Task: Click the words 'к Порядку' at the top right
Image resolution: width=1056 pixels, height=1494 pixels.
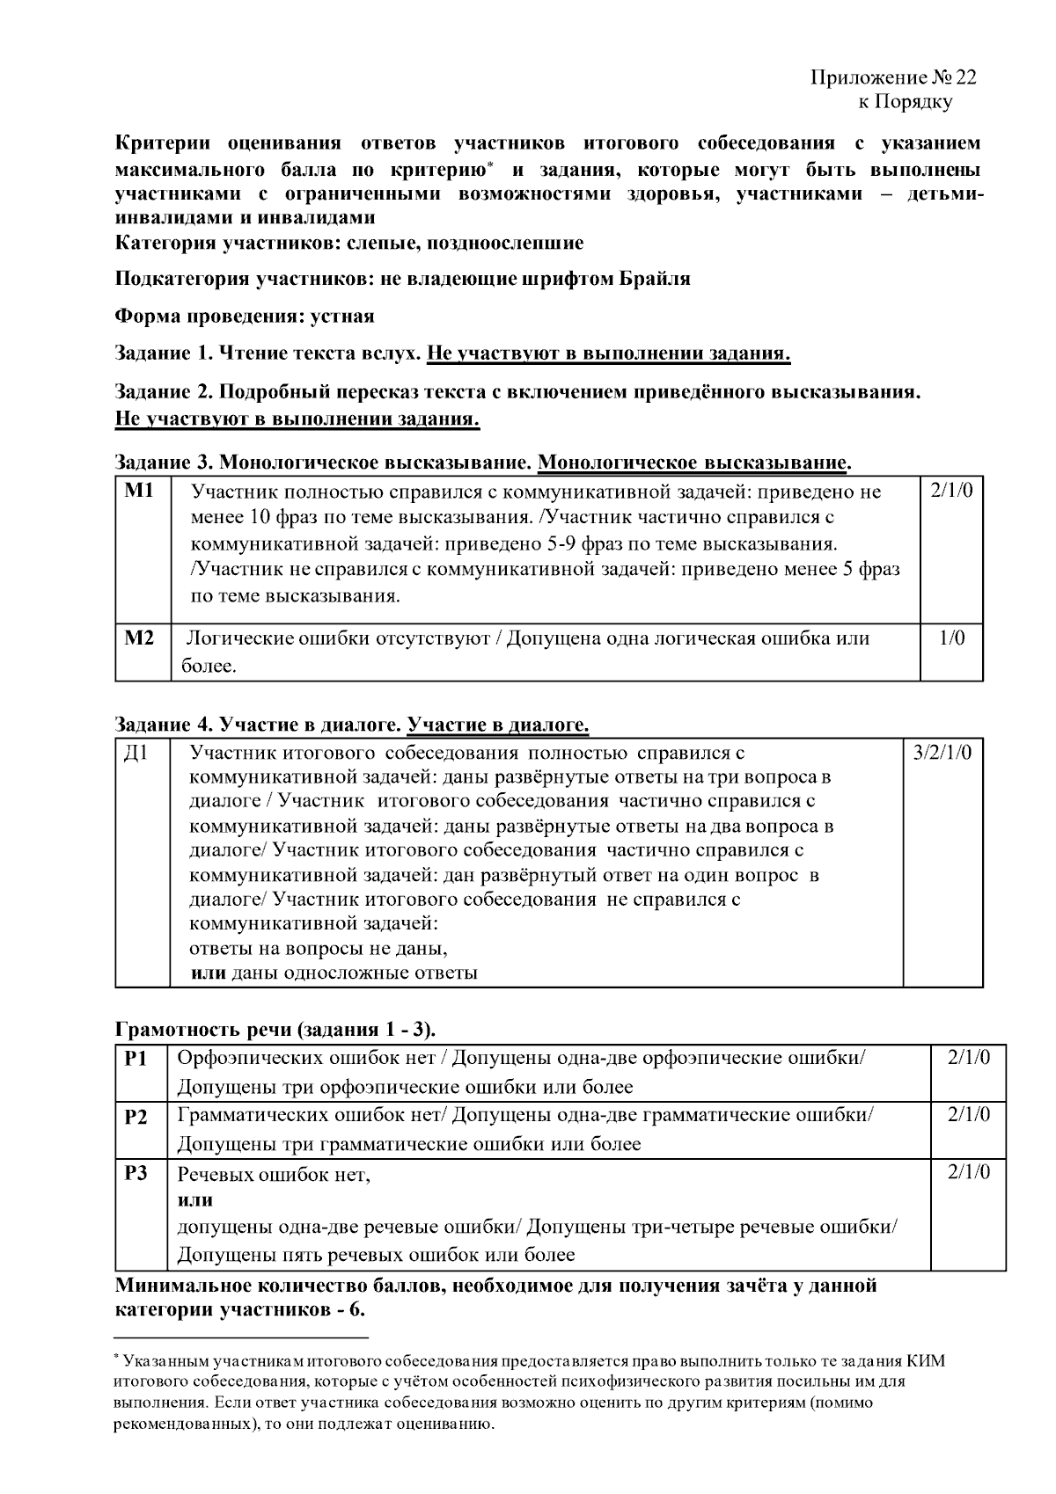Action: click(906, 102)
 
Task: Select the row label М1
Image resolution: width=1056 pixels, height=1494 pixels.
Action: click(140, 492)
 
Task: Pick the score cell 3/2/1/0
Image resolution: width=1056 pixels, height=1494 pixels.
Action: click(942, 754)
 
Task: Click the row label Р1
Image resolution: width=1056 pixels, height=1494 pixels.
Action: click(136, 1059)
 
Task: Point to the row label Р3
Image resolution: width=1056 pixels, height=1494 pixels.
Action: click(136, 1174)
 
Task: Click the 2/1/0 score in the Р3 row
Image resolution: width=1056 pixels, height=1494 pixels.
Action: click(969, 1173)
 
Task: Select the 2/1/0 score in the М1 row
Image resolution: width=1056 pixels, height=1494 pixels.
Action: click(950, 492)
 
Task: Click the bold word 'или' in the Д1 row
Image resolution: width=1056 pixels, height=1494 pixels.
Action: click(209, 973)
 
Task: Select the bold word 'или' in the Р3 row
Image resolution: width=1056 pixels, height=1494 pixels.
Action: click(194, 1200)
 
